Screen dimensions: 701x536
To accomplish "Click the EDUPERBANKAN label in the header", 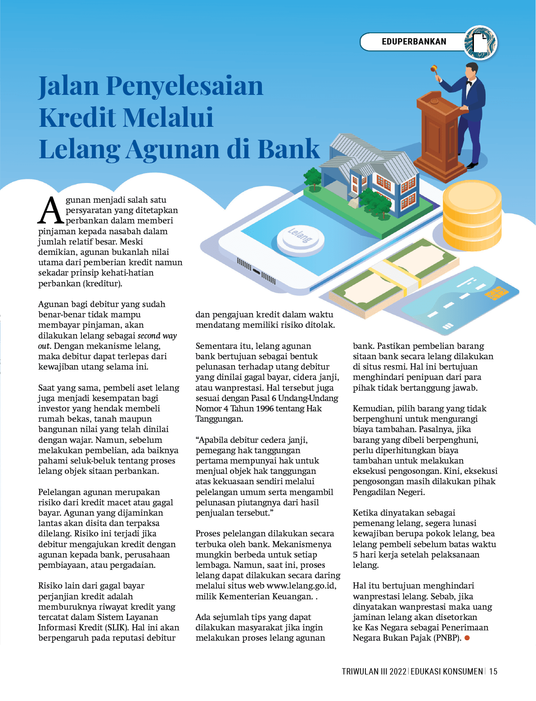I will (x=414, y=42).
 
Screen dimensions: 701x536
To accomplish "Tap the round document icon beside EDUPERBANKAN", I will (x=480, y=43).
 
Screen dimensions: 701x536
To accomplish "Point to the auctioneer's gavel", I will (x=434, y=69).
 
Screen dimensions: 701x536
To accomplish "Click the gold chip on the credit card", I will (x=497, y=293).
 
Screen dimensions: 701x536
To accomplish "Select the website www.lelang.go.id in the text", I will (x=301, y=586).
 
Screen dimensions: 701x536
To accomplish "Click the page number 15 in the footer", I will (x=493, y=671).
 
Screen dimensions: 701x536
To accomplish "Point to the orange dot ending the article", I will (x=467, y=638).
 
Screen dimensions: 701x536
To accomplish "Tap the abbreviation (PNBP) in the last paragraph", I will (x=447, y=638).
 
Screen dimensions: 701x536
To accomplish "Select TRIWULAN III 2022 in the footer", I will (x=374, y=671).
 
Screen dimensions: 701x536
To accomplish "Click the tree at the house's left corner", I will (x=312, y=177).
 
